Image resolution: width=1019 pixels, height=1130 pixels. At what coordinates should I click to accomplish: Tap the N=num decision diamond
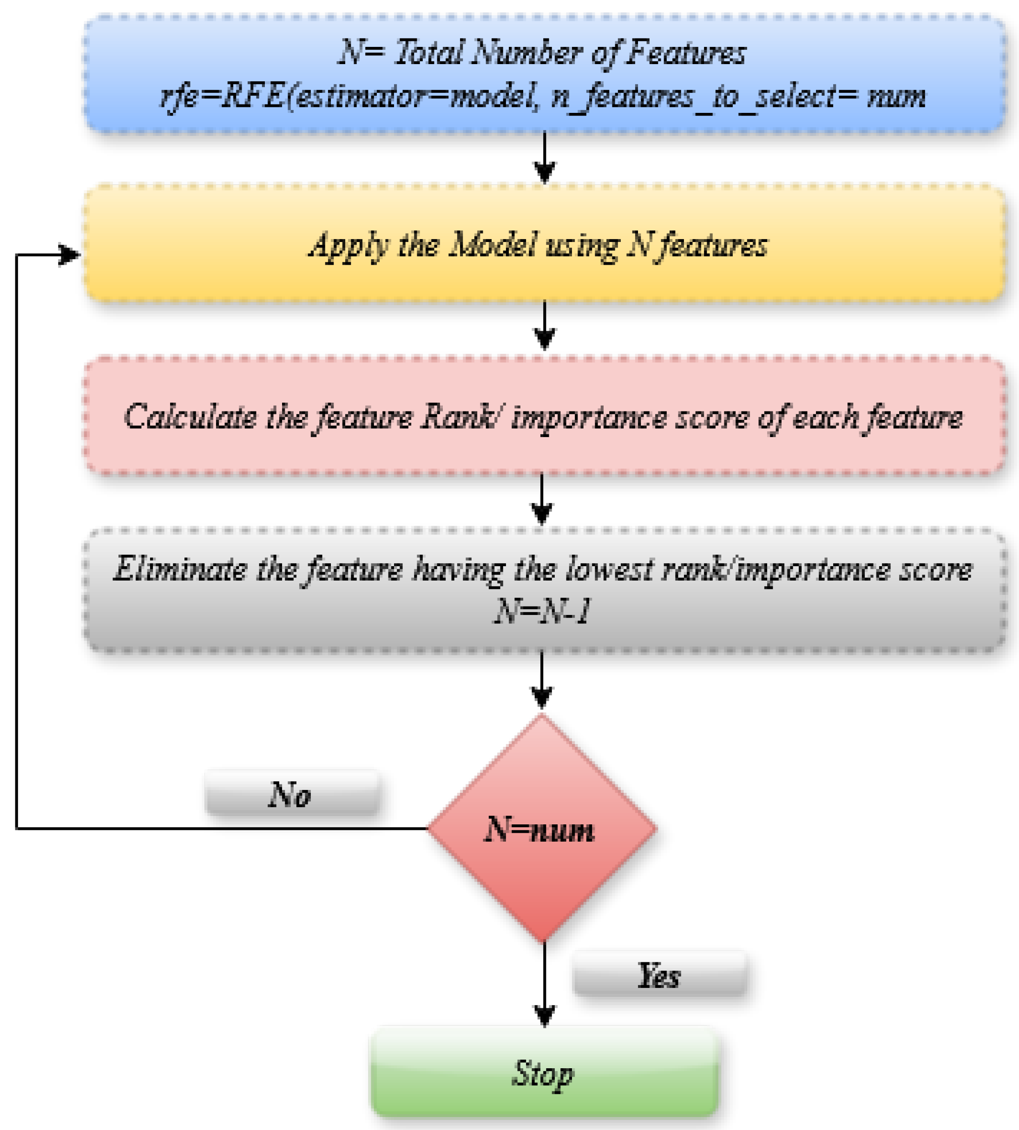click(x=541, y=829)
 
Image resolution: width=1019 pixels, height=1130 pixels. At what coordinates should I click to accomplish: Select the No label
click(x=291, y=794)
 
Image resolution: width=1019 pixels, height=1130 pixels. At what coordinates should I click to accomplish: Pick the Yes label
click(x=659, y=975)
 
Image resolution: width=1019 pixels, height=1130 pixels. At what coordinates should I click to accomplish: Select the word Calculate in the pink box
click(x=189, y=417)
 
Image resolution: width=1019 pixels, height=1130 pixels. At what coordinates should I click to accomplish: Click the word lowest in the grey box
click(x=610, y=570)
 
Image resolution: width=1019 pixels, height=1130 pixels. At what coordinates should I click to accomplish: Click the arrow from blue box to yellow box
click(x=544, y=159)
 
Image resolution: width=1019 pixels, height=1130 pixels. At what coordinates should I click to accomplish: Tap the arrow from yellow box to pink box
click(x=544, y=327)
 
